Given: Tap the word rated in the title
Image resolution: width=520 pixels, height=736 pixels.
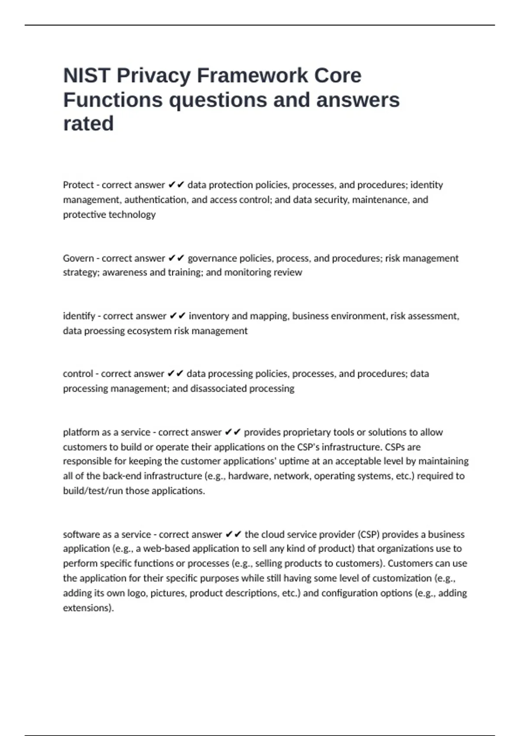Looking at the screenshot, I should [x=88, y=124].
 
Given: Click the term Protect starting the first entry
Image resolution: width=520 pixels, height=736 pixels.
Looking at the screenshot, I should [x=78, y=185].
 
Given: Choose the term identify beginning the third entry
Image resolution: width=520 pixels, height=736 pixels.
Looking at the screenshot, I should [x=79, y=316].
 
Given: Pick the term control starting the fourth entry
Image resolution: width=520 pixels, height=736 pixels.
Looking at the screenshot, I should [x=78, y=374].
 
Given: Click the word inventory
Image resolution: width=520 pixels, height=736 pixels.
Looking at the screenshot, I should [x=209, y=316].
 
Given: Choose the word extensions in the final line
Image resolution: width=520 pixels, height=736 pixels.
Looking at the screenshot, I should [x=88, y=608].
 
